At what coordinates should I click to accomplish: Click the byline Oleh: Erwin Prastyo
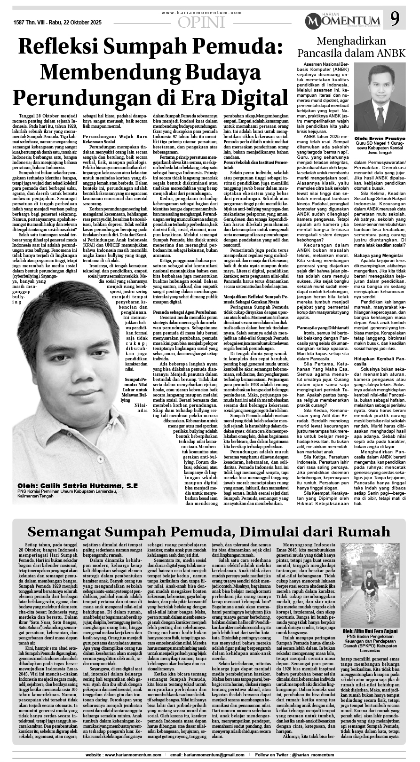(x=379, y=126)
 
